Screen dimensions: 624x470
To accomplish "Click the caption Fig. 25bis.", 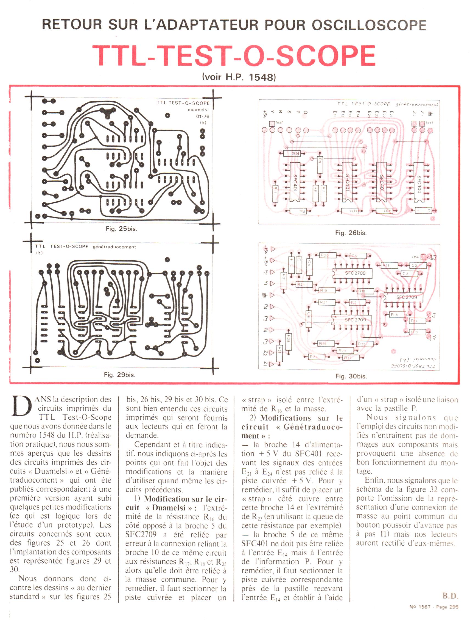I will click(x=122, y=229).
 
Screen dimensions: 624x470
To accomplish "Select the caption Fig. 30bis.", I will click(x=351, y=376).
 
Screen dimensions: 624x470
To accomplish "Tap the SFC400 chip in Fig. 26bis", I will click(x=419, y=184).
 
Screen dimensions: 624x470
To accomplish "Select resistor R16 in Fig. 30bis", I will click(x=396, y=314).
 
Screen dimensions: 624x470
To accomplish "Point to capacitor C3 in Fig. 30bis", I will click(x=407, y=274).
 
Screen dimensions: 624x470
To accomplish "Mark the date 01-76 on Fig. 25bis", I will click(x=203, y=116).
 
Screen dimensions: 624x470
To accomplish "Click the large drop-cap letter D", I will click(x=21, y=406).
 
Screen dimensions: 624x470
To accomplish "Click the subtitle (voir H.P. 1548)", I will click(x=239, y=77).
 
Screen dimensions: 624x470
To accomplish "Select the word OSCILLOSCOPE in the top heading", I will click(x=369, y=25).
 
